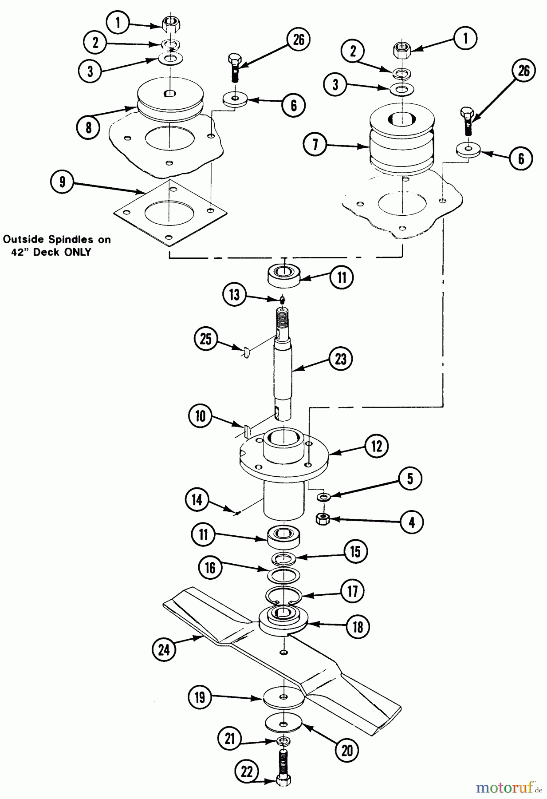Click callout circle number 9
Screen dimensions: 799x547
coord(63,182)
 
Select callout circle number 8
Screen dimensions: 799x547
coord(89,127)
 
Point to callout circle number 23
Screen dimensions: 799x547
coord(341,359)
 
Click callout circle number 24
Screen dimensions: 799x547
coord(164,649)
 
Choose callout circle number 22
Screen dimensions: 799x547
coord(247,772)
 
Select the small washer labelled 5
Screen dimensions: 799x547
coord(324,496)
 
